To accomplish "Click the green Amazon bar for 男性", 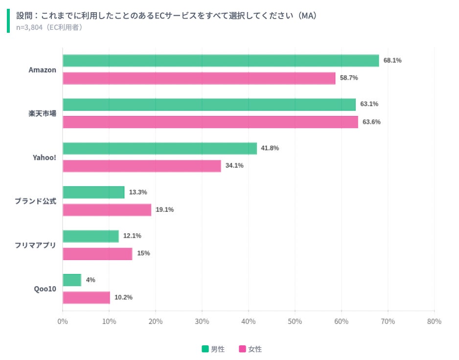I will pyautogui.click(x=221, y=61).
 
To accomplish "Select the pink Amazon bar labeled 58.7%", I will pyautogui.click(x=199, y=78).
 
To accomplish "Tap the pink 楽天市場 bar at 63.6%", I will pyautogui.click(x=210, y=122).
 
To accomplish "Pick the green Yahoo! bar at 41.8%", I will pyautogui.click(x=160, y=148).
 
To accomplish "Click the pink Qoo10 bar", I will pyautogui.click(x=86, y=297).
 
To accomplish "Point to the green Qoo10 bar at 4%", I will pyautogui.click(x=72, y=280).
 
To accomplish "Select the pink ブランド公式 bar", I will pyautogui.click(x=107, y=210).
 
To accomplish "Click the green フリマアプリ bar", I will pyautogui.click(x=91, y=236).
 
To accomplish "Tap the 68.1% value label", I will pyautogui.click(x=392, y=61).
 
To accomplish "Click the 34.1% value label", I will pyautogui.click(x=234, y=166).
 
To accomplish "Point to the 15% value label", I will pyautogui.click(x=143, y=253).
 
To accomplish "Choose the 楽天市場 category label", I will pyautogui.click(x=42, y=113).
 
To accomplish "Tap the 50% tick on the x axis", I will pyautogui.click(x=295, y=321).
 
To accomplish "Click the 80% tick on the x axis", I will pyautogui.click(x=434, y=321).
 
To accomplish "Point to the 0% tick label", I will pyautogui.click(x=63, y=321).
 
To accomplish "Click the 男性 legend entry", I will pyautogui.click(x=213, y=349).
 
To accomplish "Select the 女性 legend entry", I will pyautogui.click(x=251, y=349).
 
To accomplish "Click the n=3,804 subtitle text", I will pyautogui.click(x=49, y=27).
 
